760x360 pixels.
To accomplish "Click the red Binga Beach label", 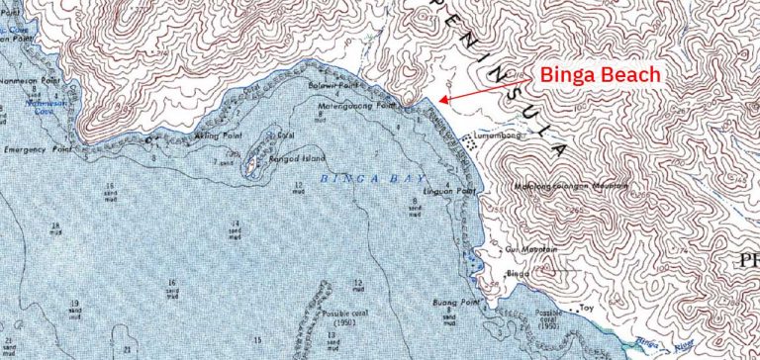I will pos(600,76).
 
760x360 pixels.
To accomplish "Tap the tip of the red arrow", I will pos(438,101).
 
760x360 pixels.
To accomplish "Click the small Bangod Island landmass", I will pos(254,160).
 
